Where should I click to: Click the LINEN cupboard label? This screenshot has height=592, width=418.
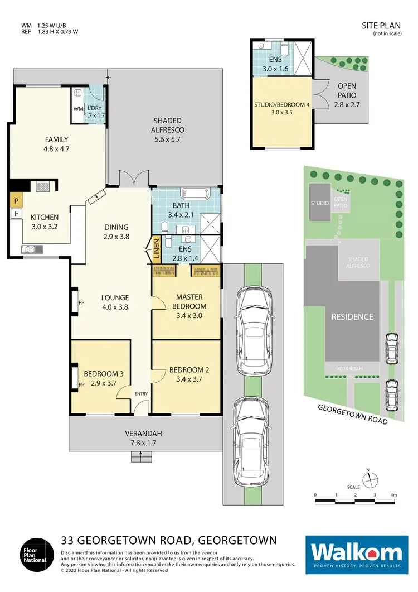pyautogui.click(x=157, y=249)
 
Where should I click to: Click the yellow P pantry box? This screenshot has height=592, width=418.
pyautogui.click(x=16, y=200)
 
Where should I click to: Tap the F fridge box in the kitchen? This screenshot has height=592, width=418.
pyautogui.click(x=16, y=213)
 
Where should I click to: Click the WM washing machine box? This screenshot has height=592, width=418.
pyautogui.click(x=78, y=109)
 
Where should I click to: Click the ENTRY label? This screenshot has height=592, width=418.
pyautogui.click(x=141, y=394)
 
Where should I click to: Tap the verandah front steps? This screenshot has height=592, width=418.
pyautogui.click(x=141, y=457)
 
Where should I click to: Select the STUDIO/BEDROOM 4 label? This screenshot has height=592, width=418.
pyautogui.click(x=281, y=104)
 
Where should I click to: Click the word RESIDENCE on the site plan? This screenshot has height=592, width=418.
pyautogui.click(x=352, y=316)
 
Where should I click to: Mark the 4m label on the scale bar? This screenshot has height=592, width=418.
pyautogui.click(x=393, y=495)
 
